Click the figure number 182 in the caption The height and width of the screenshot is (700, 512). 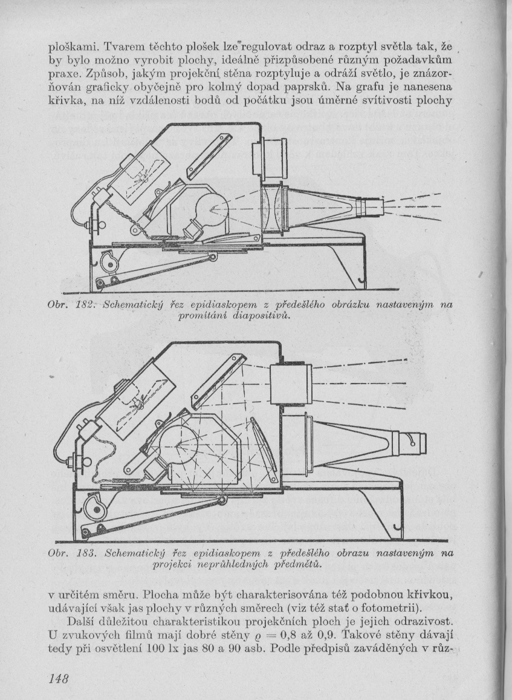click(83, 306)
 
